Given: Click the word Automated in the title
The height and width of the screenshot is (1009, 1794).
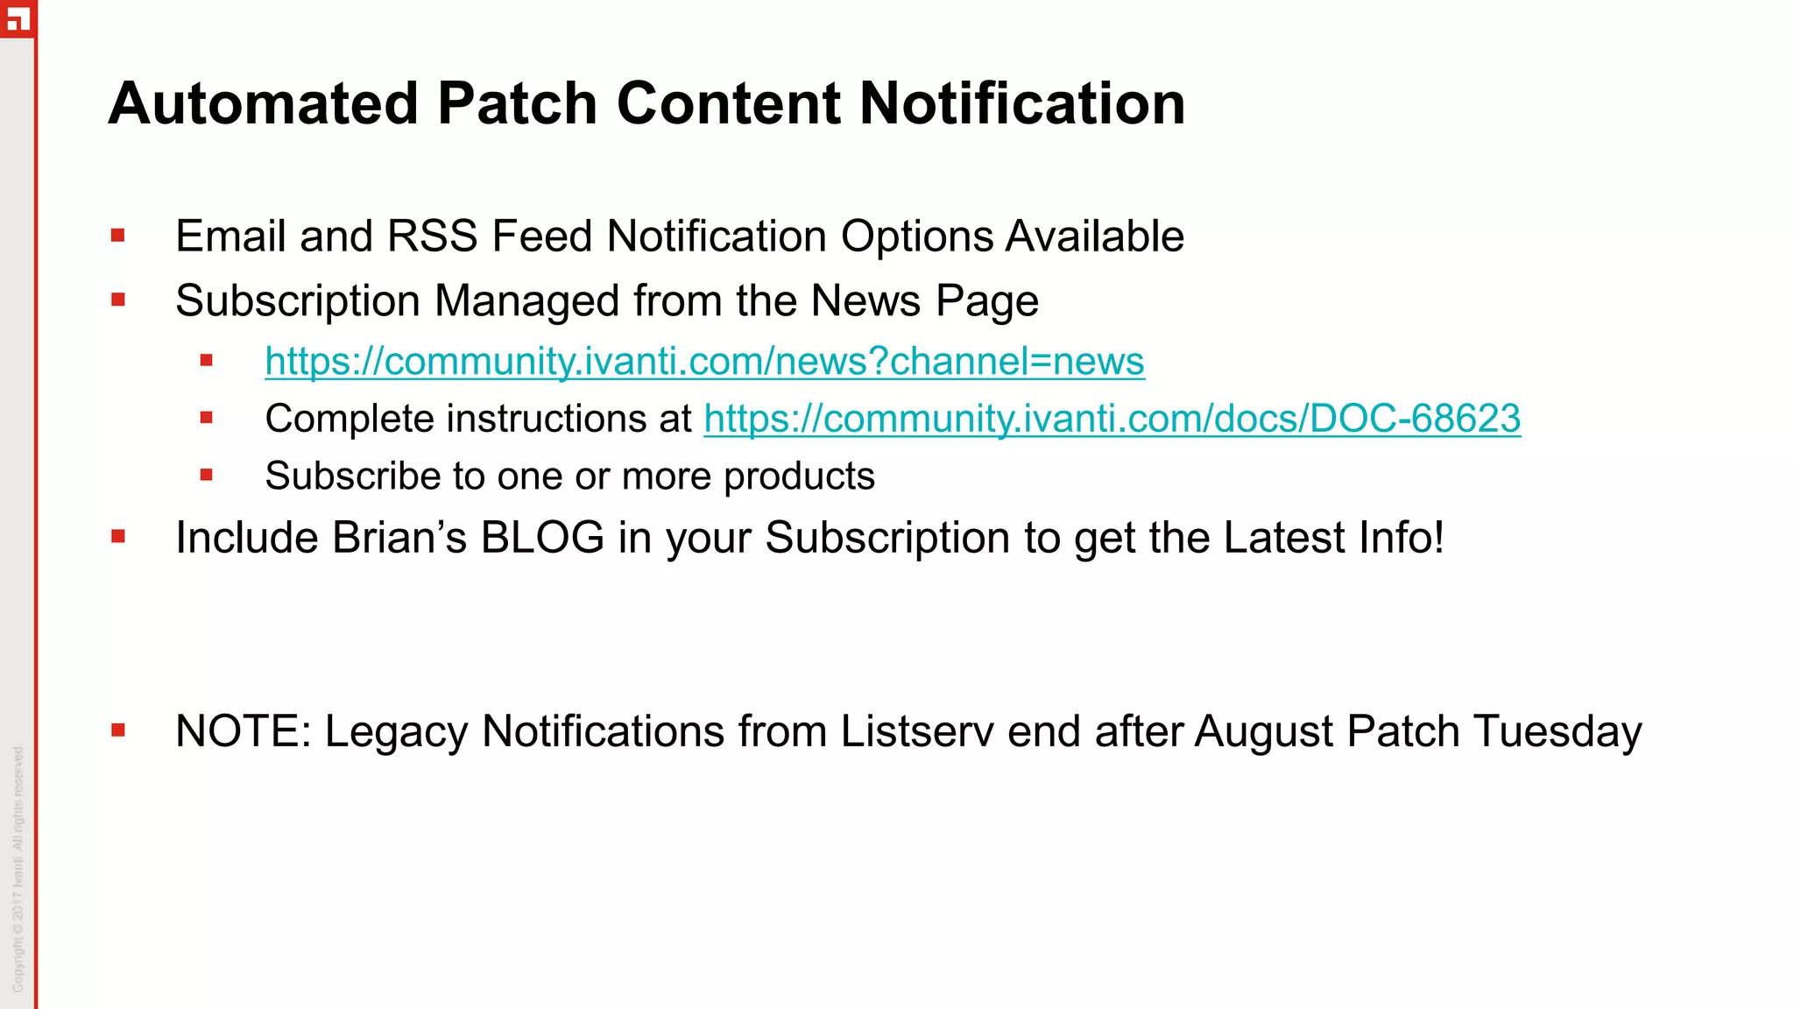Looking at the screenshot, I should [263, 103].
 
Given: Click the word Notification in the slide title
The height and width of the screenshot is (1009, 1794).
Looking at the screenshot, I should [1021, 103].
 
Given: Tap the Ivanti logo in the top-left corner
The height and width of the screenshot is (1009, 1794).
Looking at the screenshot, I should [17, 18].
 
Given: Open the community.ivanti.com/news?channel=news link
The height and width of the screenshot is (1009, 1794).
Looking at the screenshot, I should [704, 361].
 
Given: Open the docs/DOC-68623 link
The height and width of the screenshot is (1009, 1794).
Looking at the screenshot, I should [1112, 419].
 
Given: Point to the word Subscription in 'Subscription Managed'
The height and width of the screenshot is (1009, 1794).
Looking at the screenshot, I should [298, 301].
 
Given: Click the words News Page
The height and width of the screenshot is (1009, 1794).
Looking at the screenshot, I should [924, 301].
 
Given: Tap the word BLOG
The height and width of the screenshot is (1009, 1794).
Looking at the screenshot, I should [542, 538].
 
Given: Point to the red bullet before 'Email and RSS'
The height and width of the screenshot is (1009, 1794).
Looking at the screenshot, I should [118, 235].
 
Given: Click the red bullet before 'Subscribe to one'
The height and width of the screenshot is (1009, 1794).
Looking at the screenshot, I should [207, 475].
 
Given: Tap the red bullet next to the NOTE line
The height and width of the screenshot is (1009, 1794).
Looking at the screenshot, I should [118, 730].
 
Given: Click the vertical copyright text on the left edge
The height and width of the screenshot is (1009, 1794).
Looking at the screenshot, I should [18, 867].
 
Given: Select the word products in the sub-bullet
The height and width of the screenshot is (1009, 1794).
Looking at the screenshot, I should [799, 476].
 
